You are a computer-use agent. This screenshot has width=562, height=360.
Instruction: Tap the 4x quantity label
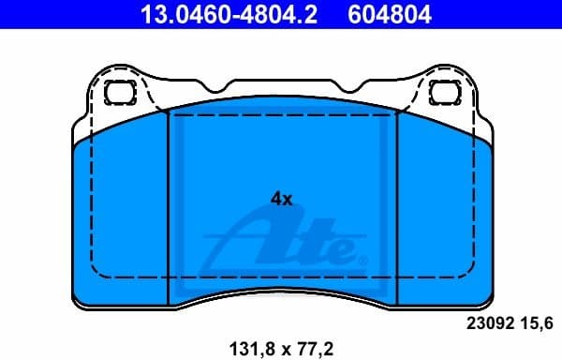(281, 199)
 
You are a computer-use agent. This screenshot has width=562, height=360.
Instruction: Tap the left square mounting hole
(120, 93)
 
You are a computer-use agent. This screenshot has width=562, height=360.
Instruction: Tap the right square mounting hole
(441, 93)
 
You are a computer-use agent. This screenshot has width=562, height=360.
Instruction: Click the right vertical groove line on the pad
(396, 206)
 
